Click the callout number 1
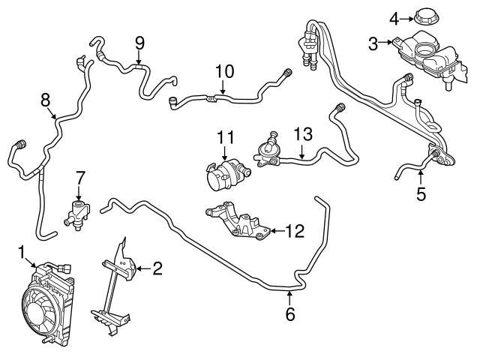coord(22,250)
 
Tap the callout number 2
coord(157,268)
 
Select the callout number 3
coord(373,44)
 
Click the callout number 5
coord(421,195)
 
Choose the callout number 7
coord(79,178)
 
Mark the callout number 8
coord(45,99)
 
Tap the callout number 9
coord(139,43)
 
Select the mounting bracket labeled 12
coord(240,223)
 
